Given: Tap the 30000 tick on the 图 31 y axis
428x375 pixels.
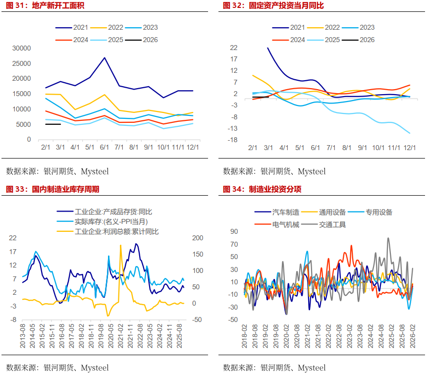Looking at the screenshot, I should click(x=22, y=48).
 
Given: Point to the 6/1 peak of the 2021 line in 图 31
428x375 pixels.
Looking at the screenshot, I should click(x=105, y=58).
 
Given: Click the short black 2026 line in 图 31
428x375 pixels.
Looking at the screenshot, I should click(x=53, y=124).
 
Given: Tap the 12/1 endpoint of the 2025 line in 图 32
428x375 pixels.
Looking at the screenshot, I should click(x=410, y=133).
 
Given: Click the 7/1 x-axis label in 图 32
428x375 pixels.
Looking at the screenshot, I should click(x=331, y=148).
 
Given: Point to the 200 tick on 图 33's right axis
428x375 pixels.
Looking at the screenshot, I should click(x=198, y=238).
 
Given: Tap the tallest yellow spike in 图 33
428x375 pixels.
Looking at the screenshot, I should click(x=120, y=246).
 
